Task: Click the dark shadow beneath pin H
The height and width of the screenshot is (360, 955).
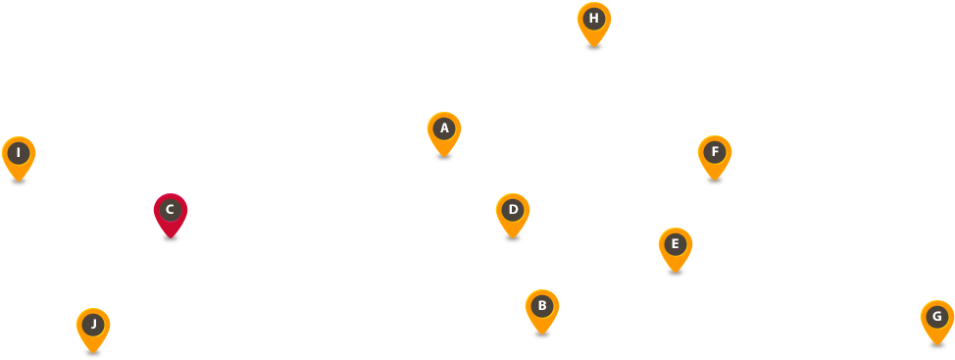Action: (594, 46)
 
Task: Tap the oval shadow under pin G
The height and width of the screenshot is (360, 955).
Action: (937, 344)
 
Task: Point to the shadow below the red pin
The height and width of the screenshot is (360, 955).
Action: (171, 237)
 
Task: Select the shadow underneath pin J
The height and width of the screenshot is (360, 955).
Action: (93, 352)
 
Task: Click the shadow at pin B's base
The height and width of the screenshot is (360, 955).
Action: (542, 334)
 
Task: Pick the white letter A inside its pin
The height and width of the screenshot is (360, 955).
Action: (444, 128)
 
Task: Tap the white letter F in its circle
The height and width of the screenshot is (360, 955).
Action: (715, 151)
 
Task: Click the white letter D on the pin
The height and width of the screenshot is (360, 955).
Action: (513, 209)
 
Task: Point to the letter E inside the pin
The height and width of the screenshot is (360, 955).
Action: (676, 243)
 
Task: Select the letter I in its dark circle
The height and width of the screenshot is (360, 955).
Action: (19, 152)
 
